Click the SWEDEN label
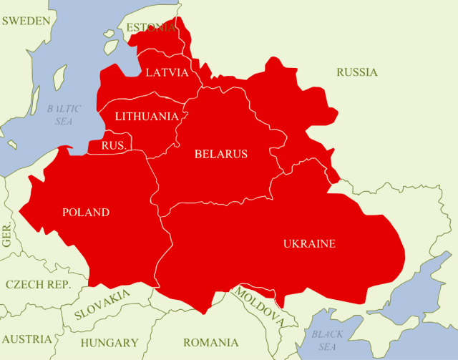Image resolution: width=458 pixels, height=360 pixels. (26, 21)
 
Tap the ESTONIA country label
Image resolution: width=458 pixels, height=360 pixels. (150, 28)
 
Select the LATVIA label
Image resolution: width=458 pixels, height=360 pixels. (167, 72)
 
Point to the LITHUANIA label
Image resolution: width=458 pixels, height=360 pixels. (147, 116)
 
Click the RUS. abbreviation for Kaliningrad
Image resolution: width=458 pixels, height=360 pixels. (114, 145)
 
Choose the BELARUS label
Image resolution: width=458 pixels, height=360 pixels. (221, 154)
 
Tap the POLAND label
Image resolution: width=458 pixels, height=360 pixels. (86, 213)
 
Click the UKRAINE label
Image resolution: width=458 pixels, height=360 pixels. (309, 244)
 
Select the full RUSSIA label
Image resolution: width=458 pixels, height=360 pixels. (357, 72)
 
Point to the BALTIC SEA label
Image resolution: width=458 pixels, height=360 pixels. (64, 115)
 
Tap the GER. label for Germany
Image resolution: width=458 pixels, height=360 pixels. (7, 235)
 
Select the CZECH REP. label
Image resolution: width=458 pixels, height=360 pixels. (38, 284)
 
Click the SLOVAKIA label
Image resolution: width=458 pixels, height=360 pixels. (102, 304)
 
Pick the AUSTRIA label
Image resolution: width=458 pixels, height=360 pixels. (26, 339)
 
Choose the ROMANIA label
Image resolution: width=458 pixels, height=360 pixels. (210, 342)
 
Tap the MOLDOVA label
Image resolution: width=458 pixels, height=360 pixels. (259, 306)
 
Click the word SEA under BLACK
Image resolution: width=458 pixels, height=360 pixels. (327, 347)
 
